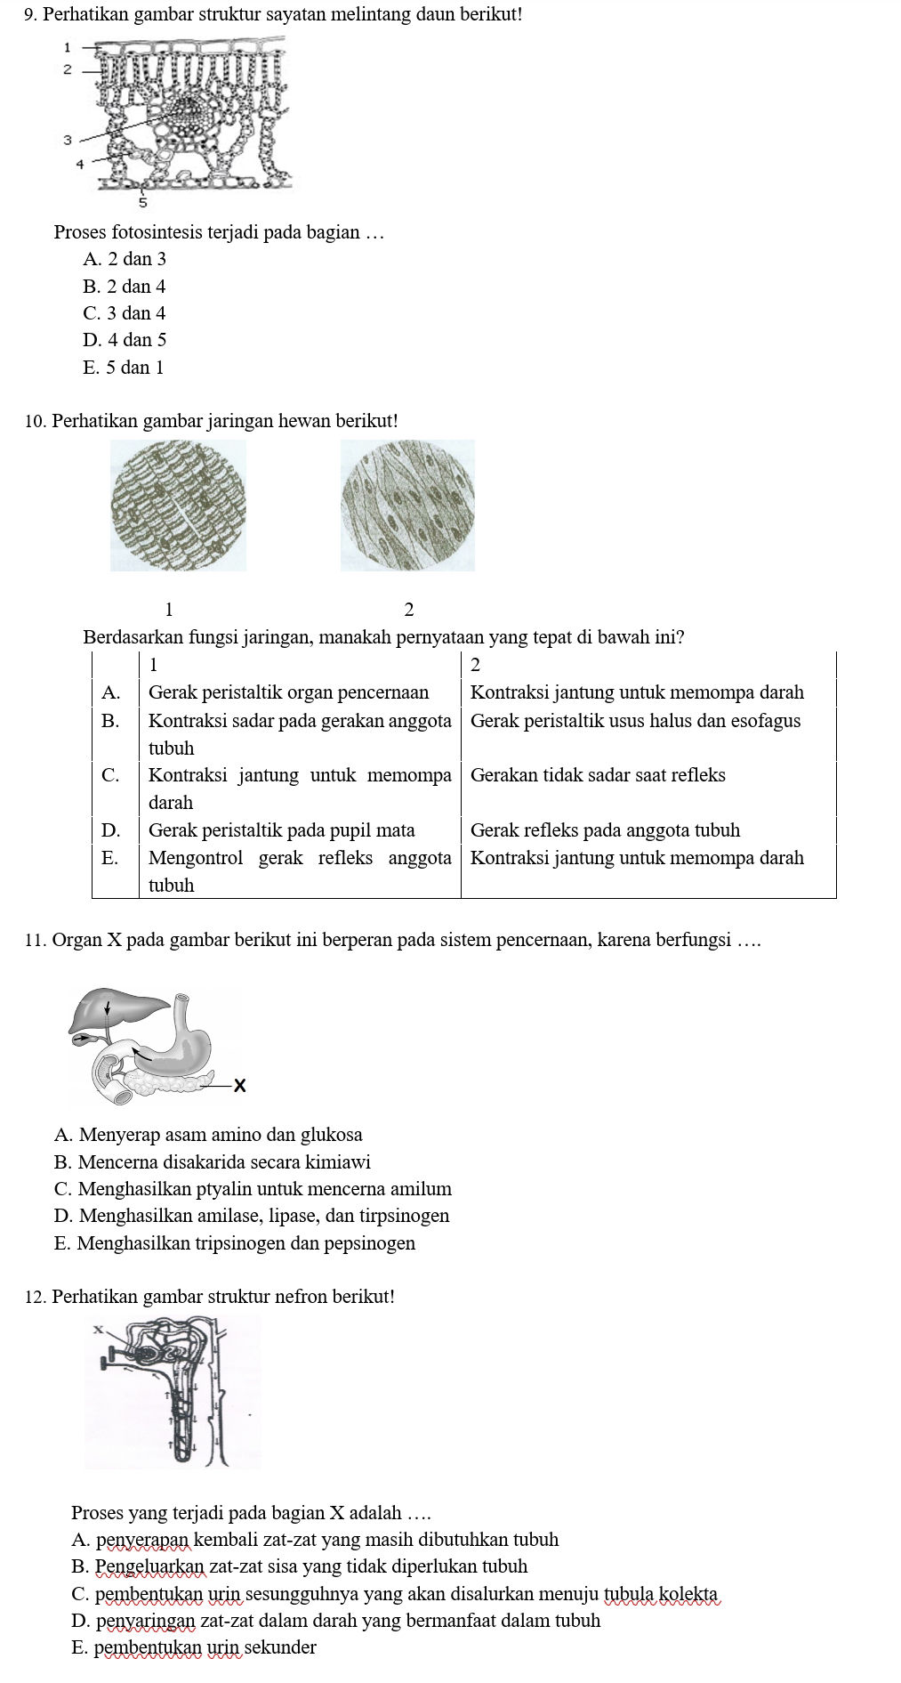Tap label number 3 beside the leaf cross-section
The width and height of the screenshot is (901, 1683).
click(67, 140)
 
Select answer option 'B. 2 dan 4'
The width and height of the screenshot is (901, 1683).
click(124, 287)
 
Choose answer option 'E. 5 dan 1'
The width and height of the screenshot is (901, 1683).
click(123, 368)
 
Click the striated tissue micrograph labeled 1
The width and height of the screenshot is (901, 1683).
click(178, 506)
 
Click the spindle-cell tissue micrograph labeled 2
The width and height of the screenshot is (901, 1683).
click(408, 506)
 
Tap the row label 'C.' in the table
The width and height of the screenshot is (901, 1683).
click(110, 775)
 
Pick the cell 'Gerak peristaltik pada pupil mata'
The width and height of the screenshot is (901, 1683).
click(281, 830)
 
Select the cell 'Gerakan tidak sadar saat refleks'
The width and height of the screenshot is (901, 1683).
click(597, 775)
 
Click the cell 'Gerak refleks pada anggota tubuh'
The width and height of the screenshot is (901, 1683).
click(604, 830)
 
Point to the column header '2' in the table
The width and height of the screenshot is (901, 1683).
click(475, 665)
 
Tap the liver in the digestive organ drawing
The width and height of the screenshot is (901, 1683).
click(116, 1010)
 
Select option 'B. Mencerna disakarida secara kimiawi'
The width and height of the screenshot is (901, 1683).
click(212, 1162)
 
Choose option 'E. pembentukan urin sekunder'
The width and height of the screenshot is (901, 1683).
click(193, 1647)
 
